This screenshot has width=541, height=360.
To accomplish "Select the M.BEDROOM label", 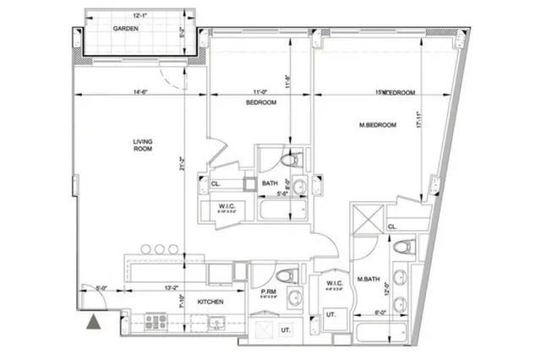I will (x=377, y=125).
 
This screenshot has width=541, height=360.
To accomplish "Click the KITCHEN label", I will (x=210, y=301).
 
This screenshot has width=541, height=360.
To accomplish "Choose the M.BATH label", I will (x=367, y=279).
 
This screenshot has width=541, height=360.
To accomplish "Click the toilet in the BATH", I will (x=288, y=158).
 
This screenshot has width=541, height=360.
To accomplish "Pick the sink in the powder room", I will (x=294, y=297).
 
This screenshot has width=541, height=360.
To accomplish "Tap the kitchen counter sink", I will (x=214, y=323).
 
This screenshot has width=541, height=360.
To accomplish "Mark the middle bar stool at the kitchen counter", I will (x=158, y=248).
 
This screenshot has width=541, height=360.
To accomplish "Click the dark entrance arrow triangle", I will (x=94, y=320).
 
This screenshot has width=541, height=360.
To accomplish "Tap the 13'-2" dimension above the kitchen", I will (x=170, y=288).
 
